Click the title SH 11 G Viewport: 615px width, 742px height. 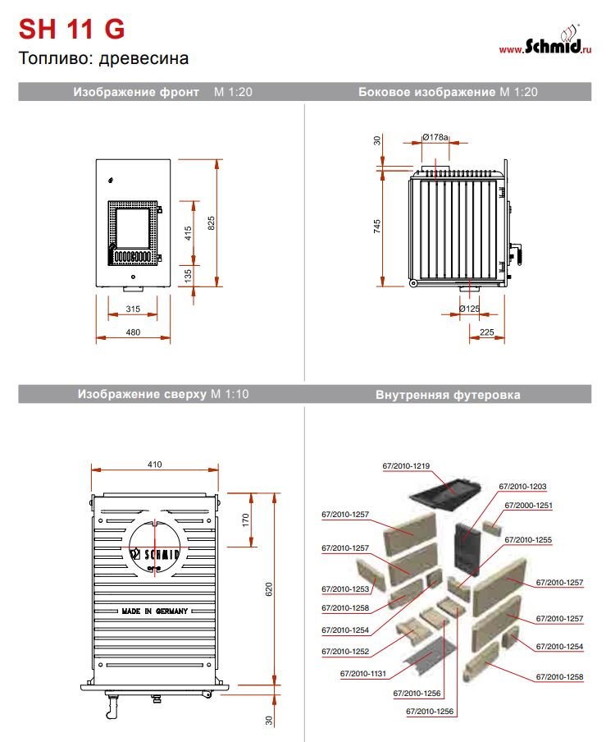[72, 30]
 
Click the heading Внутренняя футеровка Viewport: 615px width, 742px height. [448, 395]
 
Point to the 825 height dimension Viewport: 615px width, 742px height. [212, 222]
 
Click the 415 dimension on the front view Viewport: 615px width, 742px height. [188, 234]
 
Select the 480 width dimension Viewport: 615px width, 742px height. [133, 332]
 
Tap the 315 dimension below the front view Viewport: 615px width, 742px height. [133, 309]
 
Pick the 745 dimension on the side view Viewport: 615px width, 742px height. [377, 227]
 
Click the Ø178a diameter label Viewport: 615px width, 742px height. [435, 137]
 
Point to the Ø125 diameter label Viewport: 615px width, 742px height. [469, 309]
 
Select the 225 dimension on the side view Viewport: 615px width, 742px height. [486, 332]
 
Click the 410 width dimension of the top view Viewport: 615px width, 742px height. [155, 465]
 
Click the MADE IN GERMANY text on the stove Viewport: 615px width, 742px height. [155, 611]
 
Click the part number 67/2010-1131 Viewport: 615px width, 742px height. [362, 674]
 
